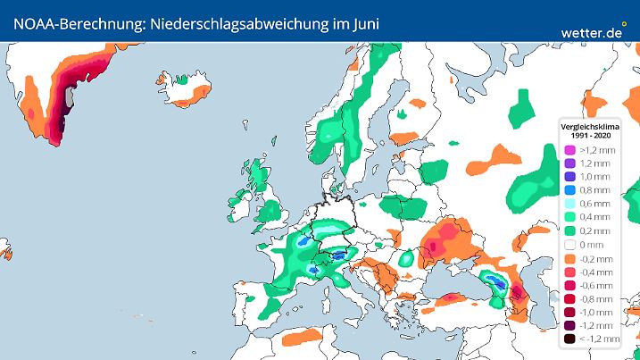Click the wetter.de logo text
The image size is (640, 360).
click(591, 32)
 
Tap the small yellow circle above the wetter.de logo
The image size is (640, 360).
click(624, 24)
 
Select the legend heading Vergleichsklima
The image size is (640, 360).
click(586, 126)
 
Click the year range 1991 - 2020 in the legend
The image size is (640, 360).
click(586, 135)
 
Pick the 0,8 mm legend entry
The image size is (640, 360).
click(588, 190)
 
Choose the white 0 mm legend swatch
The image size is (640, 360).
click(569, 244)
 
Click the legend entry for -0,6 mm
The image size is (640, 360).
click(588, 286)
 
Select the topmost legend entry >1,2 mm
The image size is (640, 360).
click(588, 150)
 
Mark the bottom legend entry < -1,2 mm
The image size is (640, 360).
click(588, 340)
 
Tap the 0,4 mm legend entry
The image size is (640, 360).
click(588, 217)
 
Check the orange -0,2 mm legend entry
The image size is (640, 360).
click(588, 258)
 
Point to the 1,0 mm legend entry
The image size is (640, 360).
click(588, 177)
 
